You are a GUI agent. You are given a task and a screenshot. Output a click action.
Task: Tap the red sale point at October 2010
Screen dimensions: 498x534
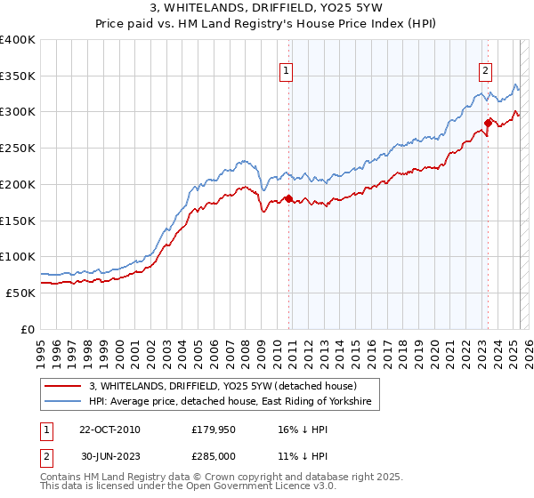click(x=288, y=198)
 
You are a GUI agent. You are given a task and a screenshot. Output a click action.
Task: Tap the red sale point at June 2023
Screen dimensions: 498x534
click(x=488, y=123)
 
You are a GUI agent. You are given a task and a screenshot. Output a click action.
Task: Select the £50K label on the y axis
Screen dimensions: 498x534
click(x=21, y=293)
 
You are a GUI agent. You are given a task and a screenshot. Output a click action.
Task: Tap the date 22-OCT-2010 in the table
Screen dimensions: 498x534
click(x=109, y=430)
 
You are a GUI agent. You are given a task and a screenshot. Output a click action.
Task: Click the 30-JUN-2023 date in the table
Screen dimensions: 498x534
click(x=109, y=454)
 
